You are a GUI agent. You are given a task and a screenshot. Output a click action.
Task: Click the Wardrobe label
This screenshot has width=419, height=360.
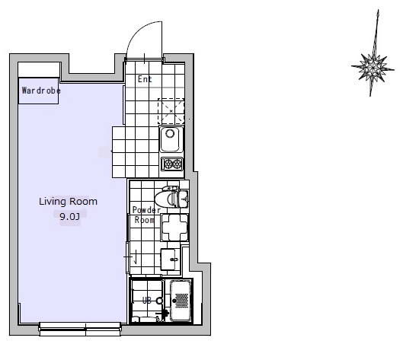[41, 91]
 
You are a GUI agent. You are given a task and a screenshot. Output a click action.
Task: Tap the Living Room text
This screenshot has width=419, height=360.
[68, 202]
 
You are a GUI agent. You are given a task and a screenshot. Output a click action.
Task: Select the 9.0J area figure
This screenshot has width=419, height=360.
[70, 216]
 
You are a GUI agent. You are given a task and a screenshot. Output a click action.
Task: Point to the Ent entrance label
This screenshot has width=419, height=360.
[145, 79]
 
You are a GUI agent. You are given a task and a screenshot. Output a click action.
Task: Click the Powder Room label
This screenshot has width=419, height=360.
[146, 215]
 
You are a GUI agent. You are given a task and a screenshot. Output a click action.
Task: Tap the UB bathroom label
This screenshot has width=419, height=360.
[147, 301]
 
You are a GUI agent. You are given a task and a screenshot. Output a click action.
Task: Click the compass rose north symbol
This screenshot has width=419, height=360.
[373, 53]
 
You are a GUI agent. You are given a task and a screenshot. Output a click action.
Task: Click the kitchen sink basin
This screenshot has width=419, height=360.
[170, 139]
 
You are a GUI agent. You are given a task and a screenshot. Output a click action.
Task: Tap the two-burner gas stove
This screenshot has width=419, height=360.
[172, 164]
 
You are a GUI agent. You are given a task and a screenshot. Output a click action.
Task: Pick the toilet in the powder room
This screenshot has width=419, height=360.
[171, 198]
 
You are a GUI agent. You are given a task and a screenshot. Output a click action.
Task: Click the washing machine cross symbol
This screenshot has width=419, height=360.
[174, 228]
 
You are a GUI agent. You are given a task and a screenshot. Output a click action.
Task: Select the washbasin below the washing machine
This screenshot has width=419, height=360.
[170, 260]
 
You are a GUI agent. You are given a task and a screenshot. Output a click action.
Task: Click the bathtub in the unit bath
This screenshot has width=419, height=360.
[181, 301]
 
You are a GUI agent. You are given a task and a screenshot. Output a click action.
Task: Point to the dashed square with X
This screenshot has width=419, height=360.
[171, 111]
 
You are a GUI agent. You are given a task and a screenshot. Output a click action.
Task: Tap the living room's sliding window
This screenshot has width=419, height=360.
[80, 329]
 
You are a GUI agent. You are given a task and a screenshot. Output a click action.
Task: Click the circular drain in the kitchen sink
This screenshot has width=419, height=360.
[170, 133]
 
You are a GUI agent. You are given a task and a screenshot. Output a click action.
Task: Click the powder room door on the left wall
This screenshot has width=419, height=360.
[128, 257]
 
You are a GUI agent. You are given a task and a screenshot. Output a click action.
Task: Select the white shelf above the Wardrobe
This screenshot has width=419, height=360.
[39, 70]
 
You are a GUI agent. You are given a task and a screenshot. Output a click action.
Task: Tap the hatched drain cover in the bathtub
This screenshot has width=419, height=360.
[182, 301]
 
